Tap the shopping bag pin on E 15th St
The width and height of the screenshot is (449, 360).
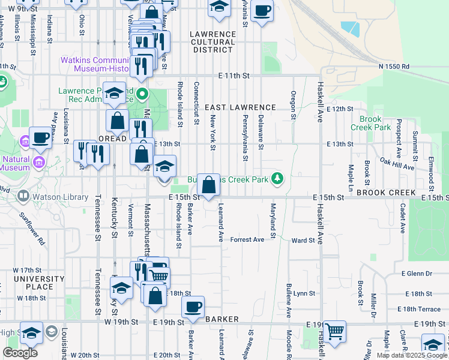click(x=208, y=185)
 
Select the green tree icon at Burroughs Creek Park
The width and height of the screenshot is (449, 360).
click(x=277, y=178)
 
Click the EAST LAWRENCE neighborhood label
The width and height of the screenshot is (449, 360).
click(x=240, y=107)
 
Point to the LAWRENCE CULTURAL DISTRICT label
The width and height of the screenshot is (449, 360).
click(x=212, y=42)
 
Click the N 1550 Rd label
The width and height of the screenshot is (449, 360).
click(x=394, y=67)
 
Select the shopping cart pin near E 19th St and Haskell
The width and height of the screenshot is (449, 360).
click(x=334, y=331)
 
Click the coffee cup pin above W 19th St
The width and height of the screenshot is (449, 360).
click(x=193, y=307)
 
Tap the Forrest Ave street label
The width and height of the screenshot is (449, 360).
click(x=247, y=240)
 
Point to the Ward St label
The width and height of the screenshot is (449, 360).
click(x=303, y=241)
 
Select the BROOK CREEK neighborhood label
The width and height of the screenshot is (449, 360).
click(x=385, y=192)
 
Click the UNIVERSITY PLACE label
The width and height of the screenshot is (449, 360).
click(x=39, y=283)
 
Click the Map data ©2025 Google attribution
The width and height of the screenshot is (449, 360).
click(x=412, y=355)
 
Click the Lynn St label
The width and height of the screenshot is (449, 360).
click(x=304, y=293)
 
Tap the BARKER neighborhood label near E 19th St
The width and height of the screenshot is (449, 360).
click(x=223, y=319)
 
